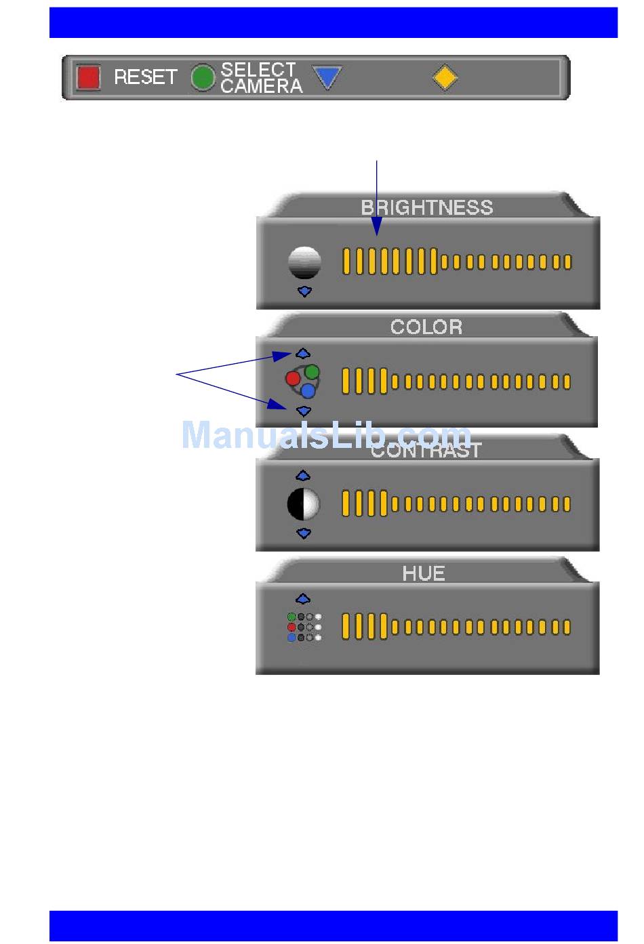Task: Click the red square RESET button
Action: [88, 77]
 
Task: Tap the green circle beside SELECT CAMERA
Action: [202, 77]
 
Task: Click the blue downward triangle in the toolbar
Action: [327, 77]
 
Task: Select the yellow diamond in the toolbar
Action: [445, 77]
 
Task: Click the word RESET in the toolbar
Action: [145, 77]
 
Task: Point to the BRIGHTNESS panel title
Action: [426, 207]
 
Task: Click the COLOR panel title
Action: [426, 327]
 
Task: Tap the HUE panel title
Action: [424, 573]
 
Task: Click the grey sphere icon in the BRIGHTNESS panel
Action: [304, 262]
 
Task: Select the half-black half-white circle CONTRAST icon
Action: [303, 504]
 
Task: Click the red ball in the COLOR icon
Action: [293, 378]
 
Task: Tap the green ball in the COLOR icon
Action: [312, 371]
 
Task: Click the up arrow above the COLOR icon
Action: [303, 354]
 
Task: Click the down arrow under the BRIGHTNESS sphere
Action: [304, 291]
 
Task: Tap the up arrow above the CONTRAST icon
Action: [303, 476]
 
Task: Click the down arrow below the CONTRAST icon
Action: [304, 533]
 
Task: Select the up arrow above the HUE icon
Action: [303, 599]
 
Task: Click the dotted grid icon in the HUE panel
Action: [304, 627]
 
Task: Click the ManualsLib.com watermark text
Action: [326, 435]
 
